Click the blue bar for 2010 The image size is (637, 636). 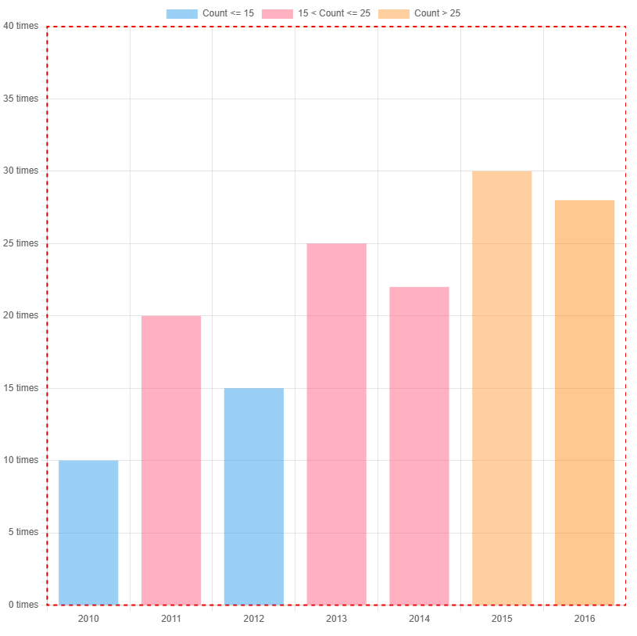(x=88, y=532)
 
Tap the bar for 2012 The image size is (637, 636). (x=254, y=496)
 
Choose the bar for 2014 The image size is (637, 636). (x=419, y=446)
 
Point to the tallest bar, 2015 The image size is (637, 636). (x=502, y=388)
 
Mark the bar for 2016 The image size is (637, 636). (x=585, y=402)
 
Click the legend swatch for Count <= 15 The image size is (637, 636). (x=181, y=13)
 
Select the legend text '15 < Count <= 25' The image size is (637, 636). (x=334, y=13)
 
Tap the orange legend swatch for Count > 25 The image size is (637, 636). (x=393, y=13)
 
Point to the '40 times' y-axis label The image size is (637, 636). (x=21, y=26)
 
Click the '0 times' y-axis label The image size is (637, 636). (x=23, y=605)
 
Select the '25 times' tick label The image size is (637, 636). (x=21, y=243)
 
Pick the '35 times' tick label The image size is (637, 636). (x=21, y=99)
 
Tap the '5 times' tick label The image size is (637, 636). (x=23, y=532)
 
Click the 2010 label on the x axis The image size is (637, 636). (x=88, y=619)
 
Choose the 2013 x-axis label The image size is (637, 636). (x=336, y=619)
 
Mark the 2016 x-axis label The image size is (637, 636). (x=585, y=619)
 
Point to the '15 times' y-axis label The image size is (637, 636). (x=21, y=388)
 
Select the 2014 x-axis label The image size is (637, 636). (x=419, y=619)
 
